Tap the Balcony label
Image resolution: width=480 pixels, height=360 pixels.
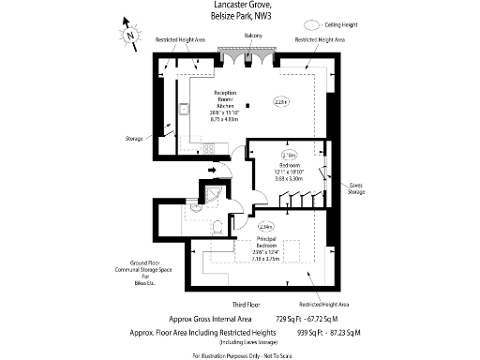[252, 36]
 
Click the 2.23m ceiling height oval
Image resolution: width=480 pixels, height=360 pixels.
[279, 101]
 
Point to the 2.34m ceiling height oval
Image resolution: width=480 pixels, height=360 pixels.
[267, 226]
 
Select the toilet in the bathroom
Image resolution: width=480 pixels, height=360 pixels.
[217, 227]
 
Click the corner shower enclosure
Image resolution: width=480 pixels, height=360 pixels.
[217, 192]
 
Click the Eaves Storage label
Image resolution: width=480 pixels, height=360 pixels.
[356, 188]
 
